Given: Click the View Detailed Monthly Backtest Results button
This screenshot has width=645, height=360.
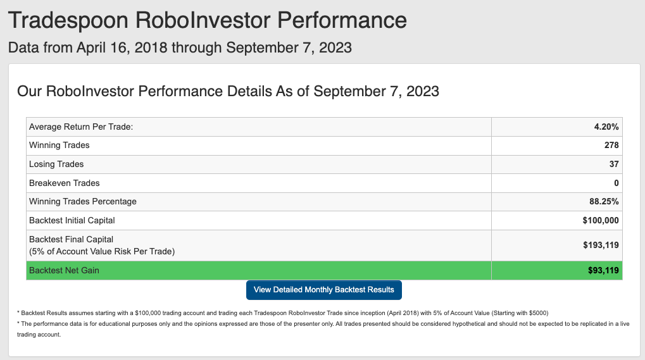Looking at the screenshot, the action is [x=323, y=290].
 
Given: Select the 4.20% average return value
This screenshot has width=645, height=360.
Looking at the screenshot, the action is [x=606, y=127].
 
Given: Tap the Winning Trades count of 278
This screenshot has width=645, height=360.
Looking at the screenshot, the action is [x=611, y=145].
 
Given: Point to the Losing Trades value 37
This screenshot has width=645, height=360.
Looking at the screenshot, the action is [x=614, y=164].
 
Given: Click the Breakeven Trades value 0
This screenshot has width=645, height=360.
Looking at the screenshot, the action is [x=617, y=183].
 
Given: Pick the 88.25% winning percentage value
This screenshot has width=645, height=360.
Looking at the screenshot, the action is [x=604, y=201].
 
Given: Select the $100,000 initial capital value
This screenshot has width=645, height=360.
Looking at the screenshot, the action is [x=601, y=221].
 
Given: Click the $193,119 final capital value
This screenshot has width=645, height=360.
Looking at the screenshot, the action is [x=601, y=245].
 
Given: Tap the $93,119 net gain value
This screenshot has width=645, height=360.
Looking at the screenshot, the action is [x=603, y=270].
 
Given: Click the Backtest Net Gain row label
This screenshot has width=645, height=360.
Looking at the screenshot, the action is [x=64, y=270].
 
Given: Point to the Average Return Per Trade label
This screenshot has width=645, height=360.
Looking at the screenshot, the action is [x=81, y=127].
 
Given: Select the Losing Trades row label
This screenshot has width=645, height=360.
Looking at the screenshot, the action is [x=56, y=164].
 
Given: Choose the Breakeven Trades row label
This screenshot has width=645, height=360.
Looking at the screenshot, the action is [x=64, y=183].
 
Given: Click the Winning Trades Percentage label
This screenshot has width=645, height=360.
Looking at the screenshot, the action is [x=83, y=202].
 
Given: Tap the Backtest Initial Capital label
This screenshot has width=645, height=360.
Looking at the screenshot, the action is [x=72, y=221].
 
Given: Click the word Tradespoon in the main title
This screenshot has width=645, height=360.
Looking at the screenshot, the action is [x=68, y=20].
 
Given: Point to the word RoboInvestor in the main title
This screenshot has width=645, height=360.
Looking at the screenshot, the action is [x=203, y=20].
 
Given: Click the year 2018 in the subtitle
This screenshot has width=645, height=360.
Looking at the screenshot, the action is [x=151, y=47].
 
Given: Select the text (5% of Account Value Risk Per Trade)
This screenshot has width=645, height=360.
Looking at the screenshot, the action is [x=102, y=252].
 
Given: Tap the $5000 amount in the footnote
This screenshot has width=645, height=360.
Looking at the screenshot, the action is [x=538, y=313].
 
